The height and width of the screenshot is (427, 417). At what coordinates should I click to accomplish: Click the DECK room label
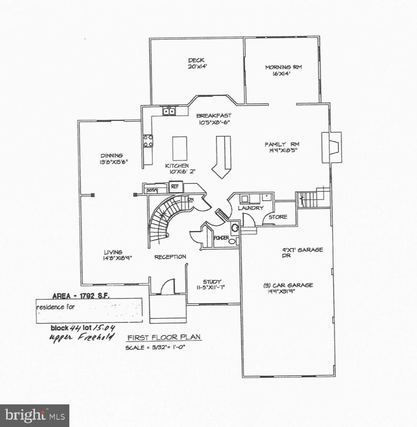[196, 60]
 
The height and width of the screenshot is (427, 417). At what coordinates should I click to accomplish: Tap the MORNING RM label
[283, 67]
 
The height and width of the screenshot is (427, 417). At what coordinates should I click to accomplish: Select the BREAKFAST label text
[213, 115]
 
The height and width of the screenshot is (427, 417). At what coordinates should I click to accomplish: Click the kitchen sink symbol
[169, 112]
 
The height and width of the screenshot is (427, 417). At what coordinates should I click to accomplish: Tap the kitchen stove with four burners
[148, 141]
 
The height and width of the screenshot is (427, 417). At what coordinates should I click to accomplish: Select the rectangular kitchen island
[180, 148]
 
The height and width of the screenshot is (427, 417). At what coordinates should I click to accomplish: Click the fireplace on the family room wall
[332, 147]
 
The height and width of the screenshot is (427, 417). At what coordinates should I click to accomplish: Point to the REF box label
[175, 187]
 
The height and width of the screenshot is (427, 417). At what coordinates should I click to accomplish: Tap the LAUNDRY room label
[251, 208]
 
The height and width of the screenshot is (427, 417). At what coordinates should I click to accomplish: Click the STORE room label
[278, 217]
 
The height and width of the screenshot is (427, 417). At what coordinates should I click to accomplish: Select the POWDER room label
[221, 238]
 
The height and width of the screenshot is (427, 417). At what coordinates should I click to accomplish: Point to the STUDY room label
[212, 282]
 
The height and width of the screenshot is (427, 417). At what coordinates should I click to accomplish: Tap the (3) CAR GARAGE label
[288, 285]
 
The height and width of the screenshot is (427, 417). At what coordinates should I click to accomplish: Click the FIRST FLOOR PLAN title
[164, 338]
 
